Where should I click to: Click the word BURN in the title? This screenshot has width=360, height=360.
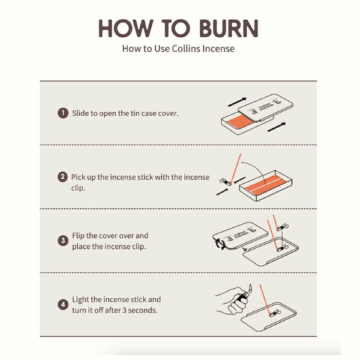pos(229,28)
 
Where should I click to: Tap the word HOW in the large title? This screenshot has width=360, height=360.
pos(126,28)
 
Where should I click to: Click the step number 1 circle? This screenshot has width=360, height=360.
pos(63,113)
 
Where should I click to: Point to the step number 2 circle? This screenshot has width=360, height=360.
pos(62,177)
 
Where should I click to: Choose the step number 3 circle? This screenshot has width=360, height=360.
pos(63,241)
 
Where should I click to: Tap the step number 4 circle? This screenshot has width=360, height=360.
pos(63,305)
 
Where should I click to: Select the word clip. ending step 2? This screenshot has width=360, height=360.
pos(78,188)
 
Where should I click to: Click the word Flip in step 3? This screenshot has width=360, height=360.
pos(78,236)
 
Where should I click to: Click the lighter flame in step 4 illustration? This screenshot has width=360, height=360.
pos(250,287)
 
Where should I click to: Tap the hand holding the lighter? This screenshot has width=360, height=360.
pos(232,301)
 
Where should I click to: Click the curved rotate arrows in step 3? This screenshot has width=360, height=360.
pos(220,244)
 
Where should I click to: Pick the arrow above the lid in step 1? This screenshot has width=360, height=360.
pos(237,102)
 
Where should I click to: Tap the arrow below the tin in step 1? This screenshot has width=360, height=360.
pos(277,127)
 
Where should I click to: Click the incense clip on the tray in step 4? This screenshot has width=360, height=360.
pos(275,313)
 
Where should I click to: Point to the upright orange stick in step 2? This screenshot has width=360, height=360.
pos(236,169)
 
